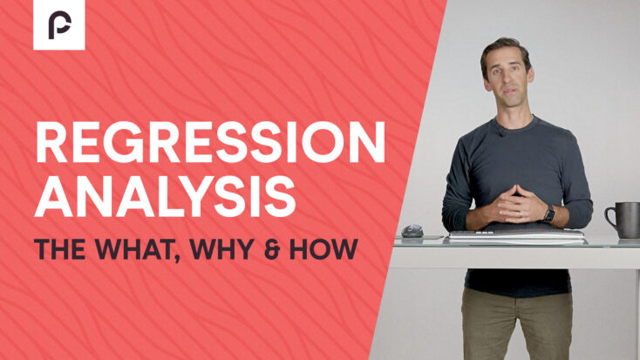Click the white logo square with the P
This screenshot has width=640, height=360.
pos(59,24)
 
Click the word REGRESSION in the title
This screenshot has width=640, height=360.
pos(210,142)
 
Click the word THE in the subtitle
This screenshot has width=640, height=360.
pos(59,249)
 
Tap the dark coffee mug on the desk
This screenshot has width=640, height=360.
pos(623,220)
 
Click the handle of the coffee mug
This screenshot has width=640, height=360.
pos(609,217)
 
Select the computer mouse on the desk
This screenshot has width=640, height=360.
pos(412,231)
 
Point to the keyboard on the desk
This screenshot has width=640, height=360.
pos(516,234)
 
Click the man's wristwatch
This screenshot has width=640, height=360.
pos(549,214)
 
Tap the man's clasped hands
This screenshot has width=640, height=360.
pos(517,203)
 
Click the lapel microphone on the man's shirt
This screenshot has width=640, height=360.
pos(500,130)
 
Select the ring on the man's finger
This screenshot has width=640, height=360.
pos(520,213)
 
